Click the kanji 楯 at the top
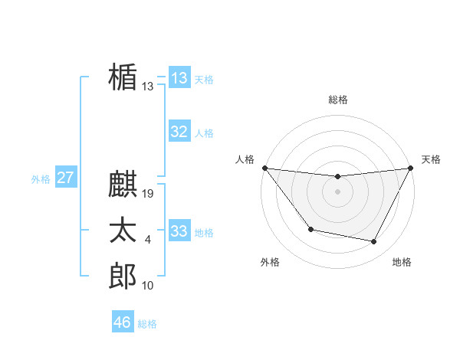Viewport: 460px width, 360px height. [123, 79]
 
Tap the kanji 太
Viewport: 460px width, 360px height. [123, 231]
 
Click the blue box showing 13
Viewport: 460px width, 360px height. [179, 78]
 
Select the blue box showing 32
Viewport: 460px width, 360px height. [179, 132]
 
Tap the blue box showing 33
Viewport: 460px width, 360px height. [179, 231]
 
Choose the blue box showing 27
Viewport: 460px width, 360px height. [65, 178]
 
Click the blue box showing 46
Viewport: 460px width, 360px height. [123, 322]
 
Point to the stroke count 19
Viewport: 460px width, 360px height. [149, 194]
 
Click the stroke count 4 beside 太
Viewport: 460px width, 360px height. [148, 240]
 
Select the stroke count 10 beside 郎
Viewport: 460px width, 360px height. [148, 286]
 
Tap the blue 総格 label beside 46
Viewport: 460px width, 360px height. [147, 324]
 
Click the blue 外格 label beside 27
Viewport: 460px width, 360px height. [41, 180]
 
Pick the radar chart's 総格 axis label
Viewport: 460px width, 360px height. [337, 100]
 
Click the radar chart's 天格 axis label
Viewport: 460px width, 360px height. [431, 159]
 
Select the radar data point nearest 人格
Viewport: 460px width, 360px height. [264, 168]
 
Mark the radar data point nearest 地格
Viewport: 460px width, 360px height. [374, 242]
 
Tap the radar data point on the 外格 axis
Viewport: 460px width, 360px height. [310, 229]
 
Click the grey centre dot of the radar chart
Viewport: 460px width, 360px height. [337, 191]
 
